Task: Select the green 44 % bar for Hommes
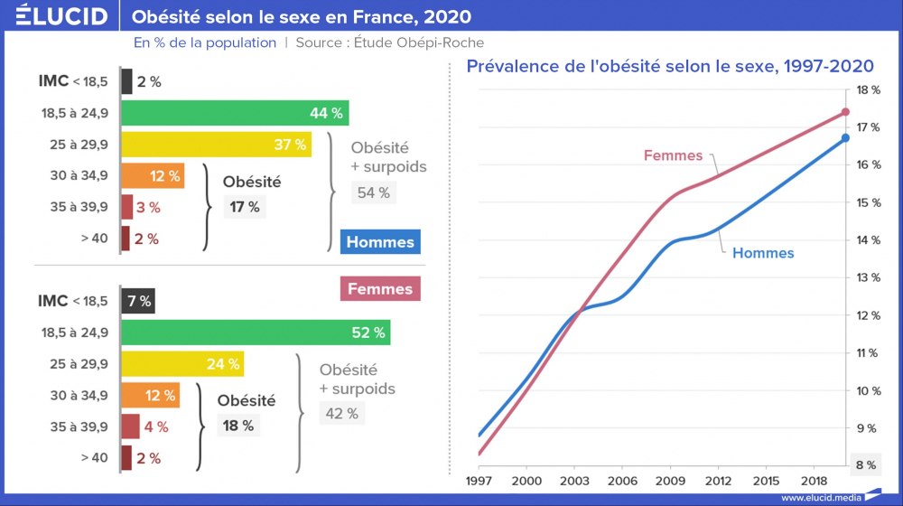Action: tap(235, 113)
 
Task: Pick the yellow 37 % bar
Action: tap(216, 145)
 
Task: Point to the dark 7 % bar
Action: tap(137, 301)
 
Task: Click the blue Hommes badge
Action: tap(380, 241)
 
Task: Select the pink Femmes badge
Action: tap(380, 289)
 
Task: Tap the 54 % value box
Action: tap(373, 192)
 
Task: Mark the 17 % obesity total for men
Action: tap(244, 207)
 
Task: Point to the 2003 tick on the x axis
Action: tap(576, 483)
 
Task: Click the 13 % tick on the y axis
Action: tap(866, 277)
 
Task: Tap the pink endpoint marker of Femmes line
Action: tap(845, 112)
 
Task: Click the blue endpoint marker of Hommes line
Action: tap(845, 137)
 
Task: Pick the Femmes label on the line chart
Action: tap(673, 155)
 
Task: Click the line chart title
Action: tap(668, 66)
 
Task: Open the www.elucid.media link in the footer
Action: tap(820, 497)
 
